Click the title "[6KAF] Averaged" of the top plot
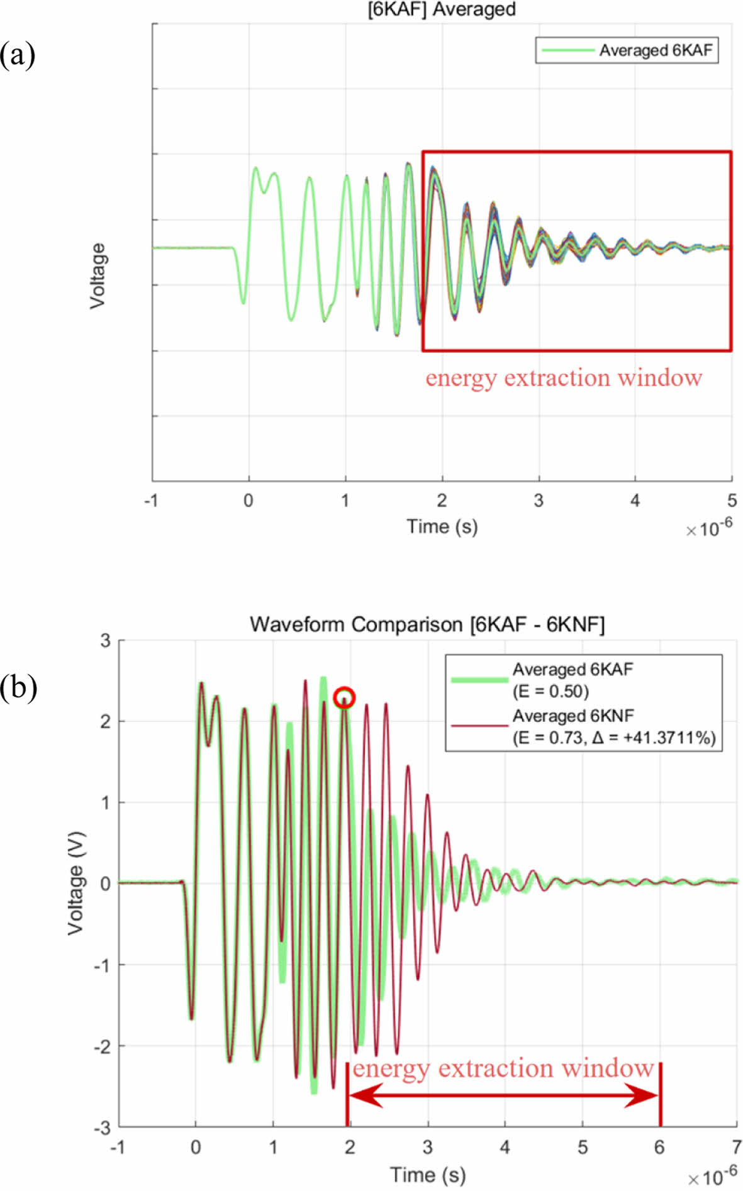[x=442, y=9]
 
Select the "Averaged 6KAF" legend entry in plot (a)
[x=655, y=50]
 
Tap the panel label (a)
[x=17, y=55]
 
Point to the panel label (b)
[x=18, y=687]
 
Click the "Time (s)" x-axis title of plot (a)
[x=442, y=526]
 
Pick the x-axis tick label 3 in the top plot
[x=539, y=501]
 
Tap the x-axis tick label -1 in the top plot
[x=151, y=501]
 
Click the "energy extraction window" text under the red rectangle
[x=564, y=378]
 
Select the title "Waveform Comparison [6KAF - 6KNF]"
[x=427, y=624]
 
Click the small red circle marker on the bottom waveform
[x=344, y=697]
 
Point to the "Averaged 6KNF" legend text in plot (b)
[x=573, y=716]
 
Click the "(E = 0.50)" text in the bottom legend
[x=550, y=692]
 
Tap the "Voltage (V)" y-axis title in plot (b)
[x=75, y=883]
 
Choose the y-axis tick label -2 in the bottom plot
[x=102, y=1046]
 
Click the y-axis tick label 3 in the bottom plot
[x=105, y=641]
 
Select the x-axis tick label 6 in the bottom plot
[x=659, y=1148]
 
